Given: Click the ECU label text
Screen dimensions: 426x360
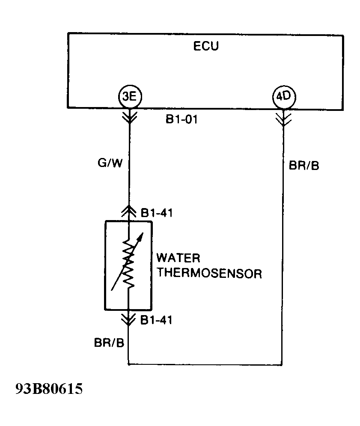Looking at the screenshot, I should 206,46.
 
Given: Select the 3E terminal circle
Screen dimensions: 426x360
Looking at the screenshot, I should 129,97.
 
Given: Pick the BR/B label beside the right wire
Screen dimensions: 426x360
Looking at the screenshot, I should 304,166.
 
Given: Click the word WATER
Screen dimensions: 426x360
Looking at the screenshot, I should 178,258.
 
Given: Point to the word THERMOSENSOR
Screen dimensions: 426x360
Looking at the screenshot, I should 209,274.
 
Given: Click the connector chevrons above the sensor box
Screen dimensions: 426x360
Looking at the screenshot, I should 129,211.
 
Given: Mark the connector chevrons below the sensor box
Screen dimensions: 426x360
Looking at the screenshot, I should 129,319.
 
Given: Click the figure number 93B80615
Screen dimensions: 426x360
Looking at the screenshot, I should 48,390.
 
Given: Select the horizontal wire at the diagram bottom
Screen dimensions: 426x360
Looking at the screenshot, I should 205,365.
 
